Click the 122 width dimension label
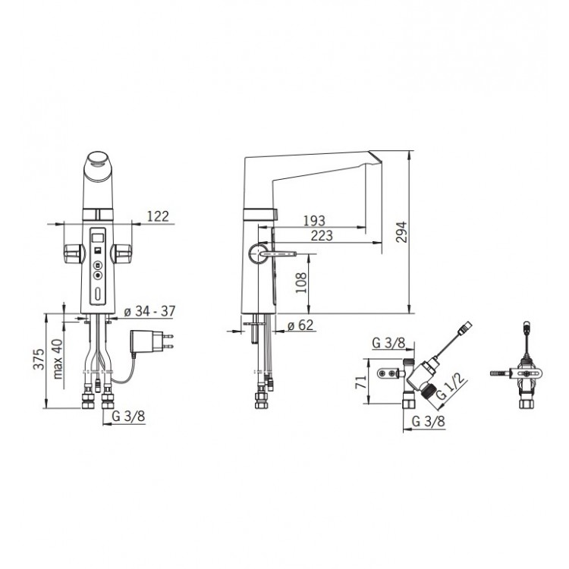click(x=159, y=216)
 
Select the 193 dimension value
click(x=314, y=220)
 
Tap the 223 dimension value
click(x=322, y=235)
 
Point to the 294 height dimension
click(x=401, y=232)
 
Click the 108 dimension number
click(x=301, y=283)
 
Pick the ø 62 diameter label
click(x=300, y=325)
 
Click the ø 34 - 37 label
click(x=149, y=311)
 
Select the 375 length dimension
click(x=39, y=359)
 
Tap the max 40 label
click(x=58, y=359)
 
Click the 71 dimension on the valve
click(x=360, y=382)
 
